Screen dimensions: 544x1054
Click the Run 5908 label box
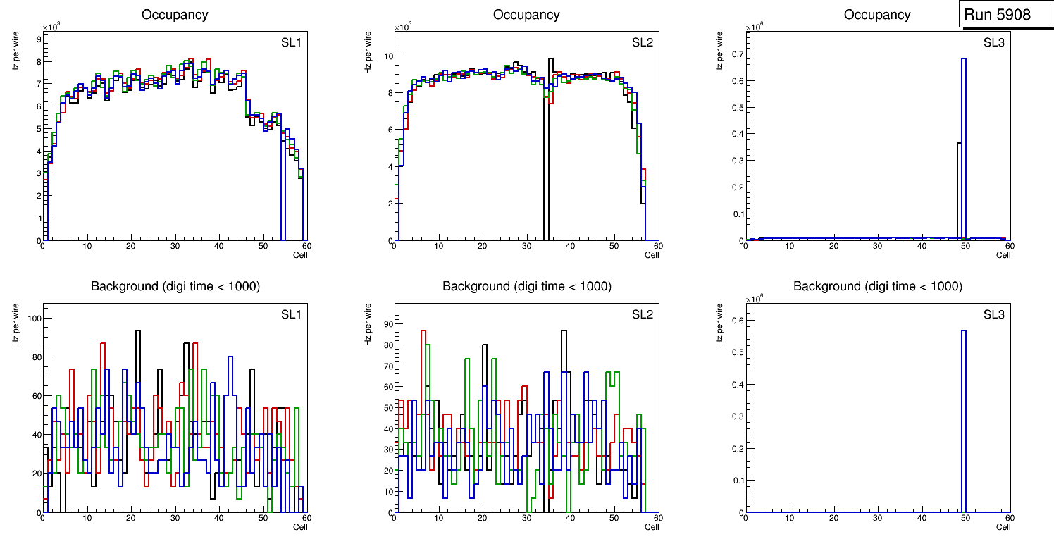[997, 15]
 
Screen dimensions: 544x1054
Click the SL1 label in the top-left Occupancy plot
[291, 42]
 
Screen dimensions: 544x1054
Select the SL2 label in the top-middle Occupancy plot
[643, 42]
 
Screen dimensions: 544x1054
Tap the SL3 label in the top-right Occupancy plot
[994, 42]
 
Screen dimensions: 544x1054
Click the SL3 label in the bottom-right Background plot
[994, 314]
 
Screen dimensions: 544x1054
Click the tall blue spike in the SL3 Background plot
[963, 416]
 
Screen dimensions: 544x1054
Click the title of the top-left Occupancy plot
[175, 15]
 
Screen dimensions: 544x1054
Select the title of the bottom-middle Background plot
[526, 286]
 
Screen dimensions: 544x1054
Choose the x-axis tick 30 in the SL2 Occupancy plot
[526, 246]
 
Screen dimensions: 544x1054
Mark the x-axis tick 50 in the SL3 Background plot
[965, 518]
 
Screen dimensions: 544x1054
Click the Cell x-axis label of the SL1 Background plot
[300, 527]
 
